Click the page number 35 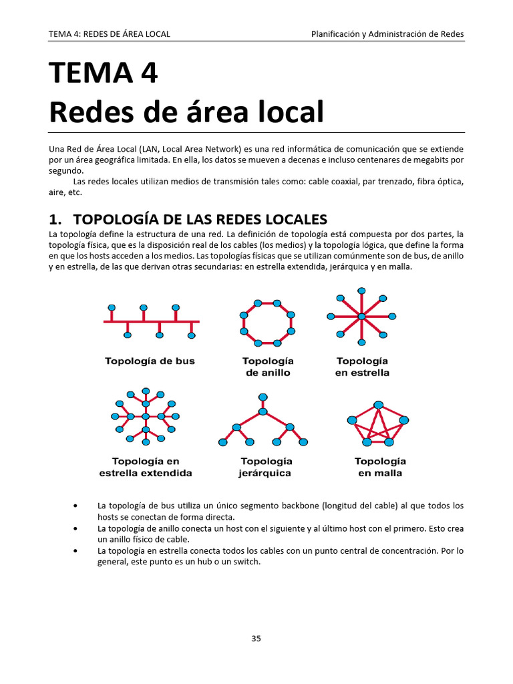[256, 638]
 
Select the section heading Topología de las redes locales [200, 219]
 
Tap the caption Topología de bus [150, 361]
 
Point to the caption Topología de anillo [268, 367]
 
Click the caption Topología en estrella [361, 367]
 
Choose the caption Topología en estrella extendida [146, 467]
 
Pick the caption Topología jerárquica [265, 467]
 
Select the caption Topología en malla [379, 467]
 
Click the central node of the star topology [361, 316]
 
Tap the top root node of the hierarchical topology [263, 397]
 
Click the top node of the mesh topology [379, 405]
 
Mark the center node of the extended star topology [146, 417]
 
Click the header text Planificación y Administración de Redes [387, 34]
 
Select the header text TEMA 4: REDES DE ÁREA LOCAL [110, 34]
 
